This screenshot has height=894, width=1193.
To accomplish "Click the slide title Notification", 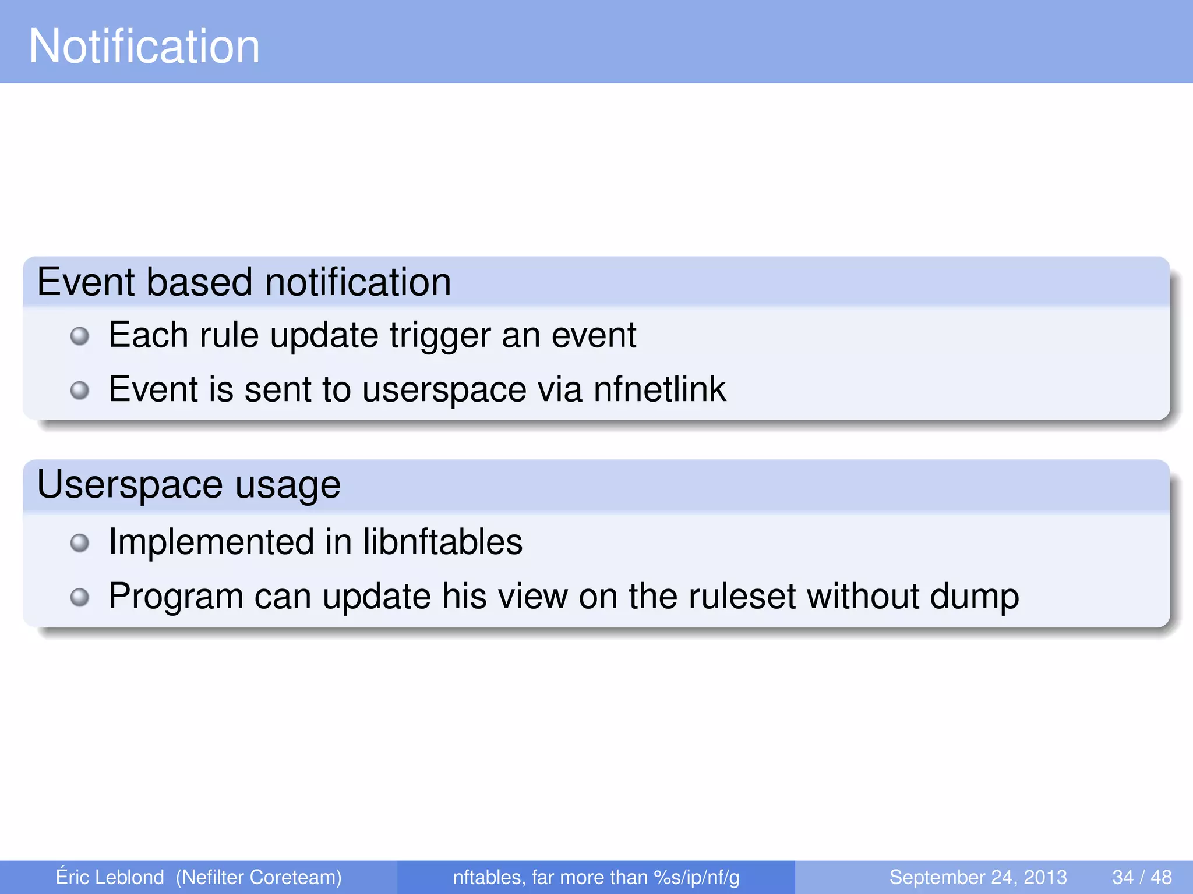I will coord(144,47).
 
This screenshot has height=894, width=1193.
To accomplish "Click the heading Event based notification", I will coord(244,282).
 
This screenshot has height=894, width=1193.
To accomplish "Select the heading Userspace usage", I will coord(189,485).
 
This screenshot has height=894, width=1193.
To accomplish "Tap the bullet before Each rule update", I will coord(80,336).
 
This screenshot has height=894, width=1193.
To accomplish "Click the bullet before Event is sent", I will coord(80,390).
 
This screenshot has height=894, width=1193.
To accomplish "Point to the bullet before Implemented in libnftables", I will coord(80,543).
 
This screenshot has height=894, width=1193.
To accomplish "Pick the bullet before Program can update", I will coord(80,597).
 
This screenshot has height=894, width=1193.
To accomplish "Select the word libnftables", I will coord(443,542).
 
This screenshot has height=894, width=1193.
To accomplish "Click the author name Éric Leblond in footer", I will coord(110,877).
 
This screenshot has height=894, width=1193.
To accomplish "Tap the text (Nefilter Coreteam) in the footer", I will coord(259,877).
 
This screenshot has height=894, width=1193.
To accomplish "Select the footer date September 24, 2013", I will coord(977,877).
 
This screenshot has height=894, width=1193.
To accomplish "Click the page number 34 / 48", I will coord(1142,877).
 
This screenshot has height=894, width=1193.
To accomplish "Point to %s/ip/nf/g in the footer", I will coord(697,877).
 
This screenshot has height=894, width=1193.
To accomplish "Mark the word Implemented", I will coord(211,542).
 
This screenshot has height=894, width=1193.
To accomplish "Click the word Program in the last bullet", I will coord(176,597).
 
